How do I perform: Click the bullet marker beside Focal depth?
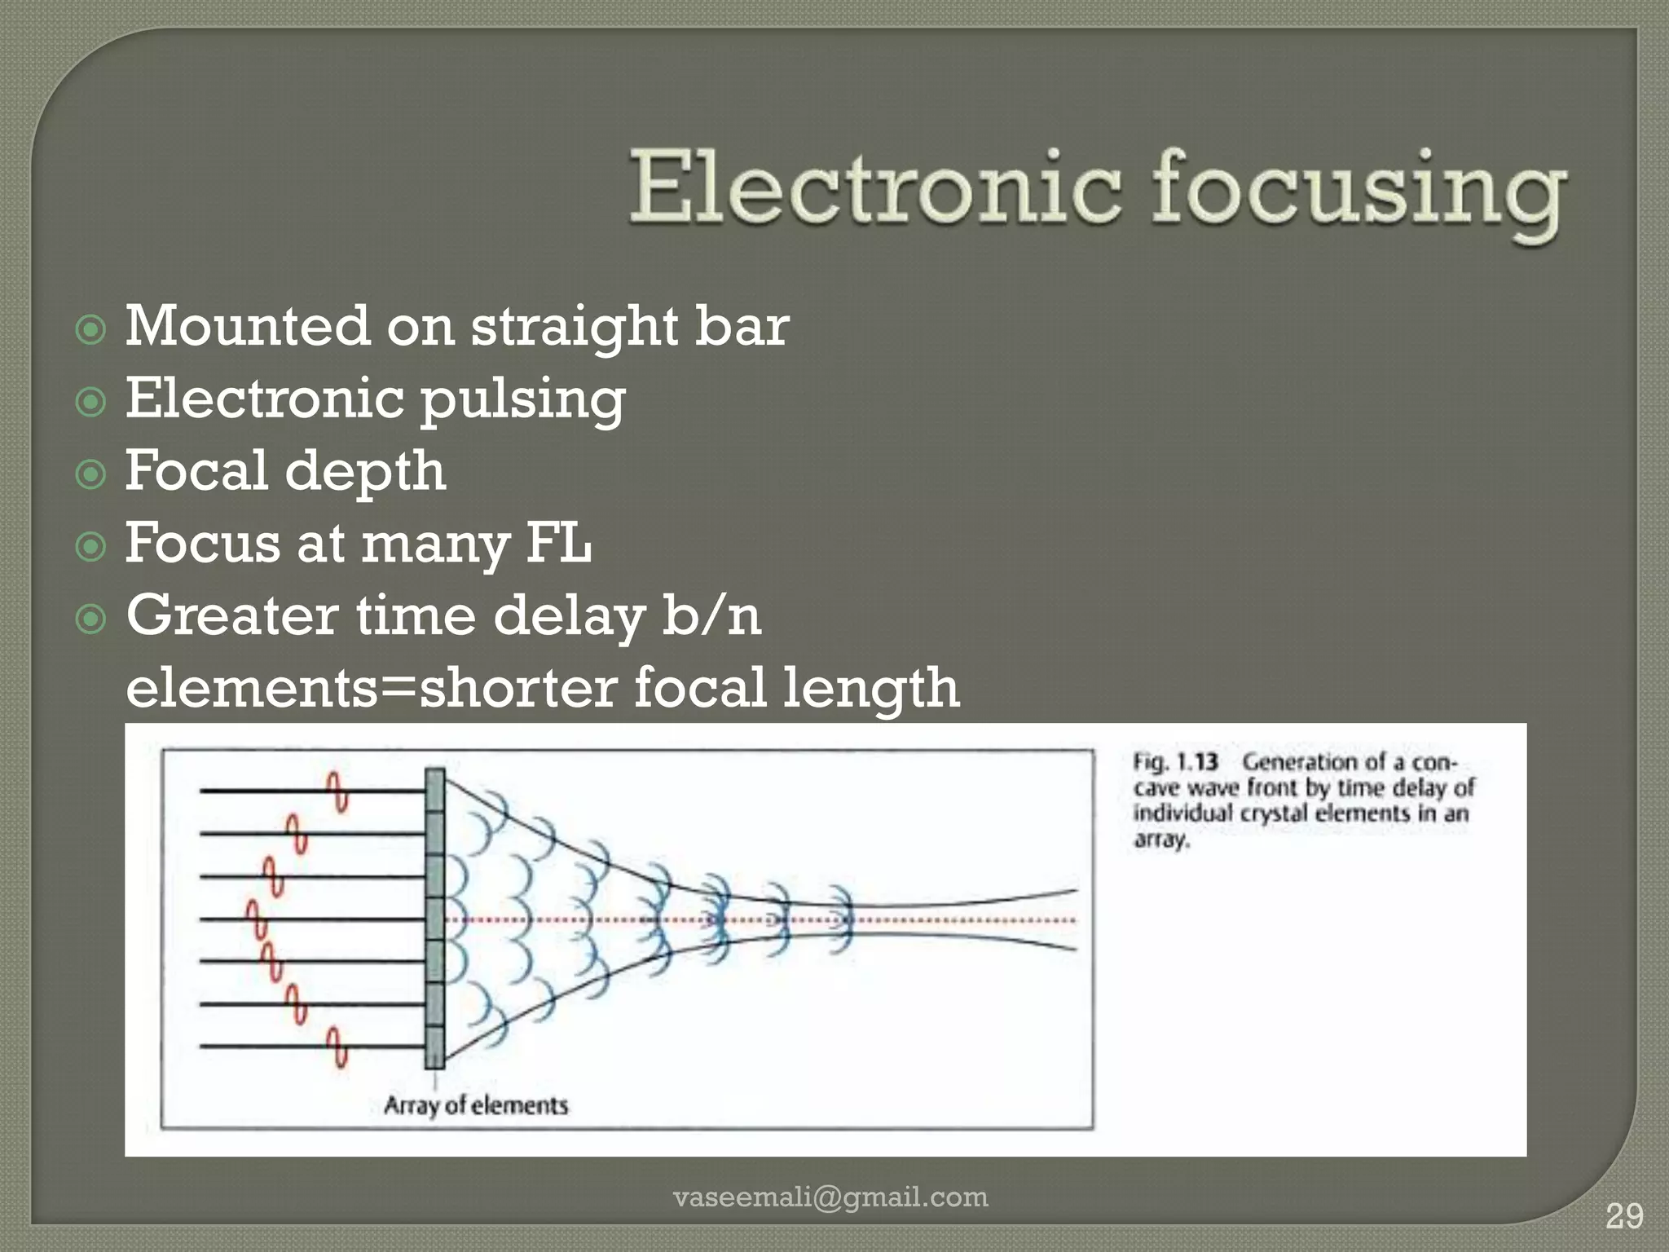(x=90, y=474)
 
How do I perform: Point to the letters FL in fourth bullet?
(x=558, y=543)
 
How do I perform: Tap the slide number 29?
(x=1623, y=1217)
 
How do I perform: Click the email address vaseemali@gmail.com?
(x=830, y=1197)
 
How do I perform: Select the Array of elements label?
(x=476, y=1105)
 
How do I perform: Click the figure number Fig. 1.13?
(x=1175, y=763)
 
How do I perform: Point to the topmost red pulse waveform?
(x=337, y=791)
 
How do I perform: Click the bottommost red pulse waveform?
(x=337, y=1047)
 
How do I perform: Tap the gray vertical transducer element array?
(x=435, y=918)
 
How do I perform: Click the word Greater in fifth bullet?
(x=232, y=615)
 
